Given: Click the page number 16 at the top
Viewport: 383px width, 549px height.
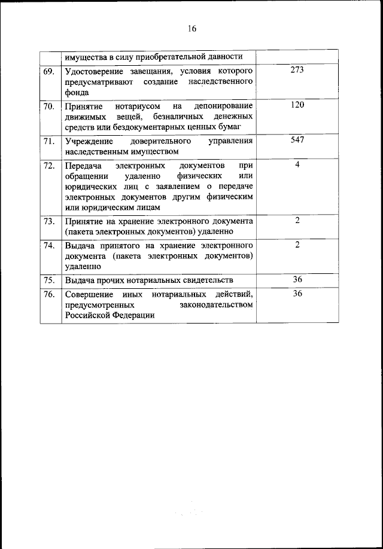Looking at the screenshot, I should click(191, 28).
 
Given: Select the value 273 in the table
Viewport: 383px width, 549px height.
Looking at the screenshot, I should click(297, 71).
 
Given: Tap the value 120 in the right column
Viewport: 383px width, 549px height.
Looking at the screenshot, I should click(297, 105).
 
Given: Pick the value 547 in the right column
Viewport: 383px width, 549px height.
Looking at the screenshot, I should click(297, 140).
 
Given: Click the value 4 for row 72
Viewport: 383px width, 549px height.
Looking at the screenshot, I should click(297, 164).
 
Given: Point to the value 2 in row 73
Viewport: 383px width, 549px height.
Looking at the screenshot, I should click(297, 221).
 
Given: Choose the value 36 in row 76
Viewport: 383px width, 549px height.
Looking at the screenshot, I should click(297, 294).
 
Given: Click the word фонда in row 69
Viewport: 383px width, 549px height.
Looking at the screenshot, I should click(77, 93).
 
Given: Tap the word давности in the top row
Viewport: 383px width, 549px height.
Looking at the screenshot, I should click(230, 57).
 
